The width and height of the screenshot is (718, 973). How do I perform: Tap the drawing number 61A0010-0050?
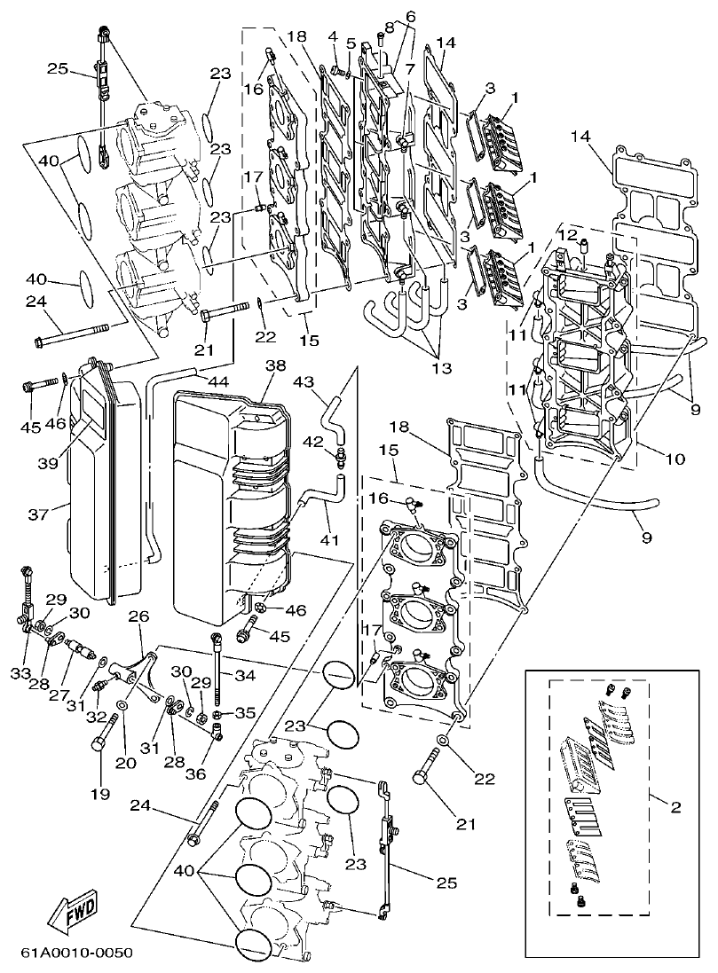pyautogui.click(x=76, y=953)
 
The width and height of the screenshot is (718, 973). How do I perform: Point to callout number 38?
pyautogui.click(x=275, y=366)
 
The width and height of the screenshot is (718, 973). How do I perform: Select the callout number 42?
pyautogui.click(x=313, y=440)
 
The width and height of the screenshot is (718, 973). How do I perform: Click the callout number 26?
pyautogui.click(x=138, y=616)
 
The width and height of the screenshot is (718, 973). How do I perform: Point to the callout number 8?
pyautogui.click(x=389, y=28)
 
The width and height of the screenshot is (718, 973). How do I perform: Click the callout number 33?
pyautogui.click(x=20, y=674)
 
